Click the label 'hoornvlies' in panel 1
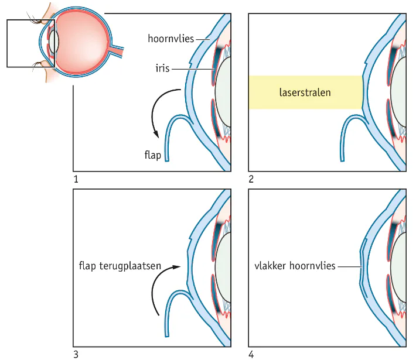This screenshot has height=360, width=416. [x=170, y=40]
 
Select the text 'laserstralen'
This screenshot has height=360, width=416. [x=305, y=92]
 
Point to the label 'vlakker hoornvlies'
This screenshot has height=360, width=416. [x=294, y=266]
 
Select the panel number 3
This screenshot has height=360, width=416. [x=76, y=354]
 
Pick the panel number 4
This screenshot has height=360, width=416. [x=251, y=354]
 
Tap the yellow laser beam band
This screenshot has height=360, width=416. [x=305, y=92]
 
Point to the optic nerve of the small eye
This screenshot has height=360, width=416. [x=120, y=51]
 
